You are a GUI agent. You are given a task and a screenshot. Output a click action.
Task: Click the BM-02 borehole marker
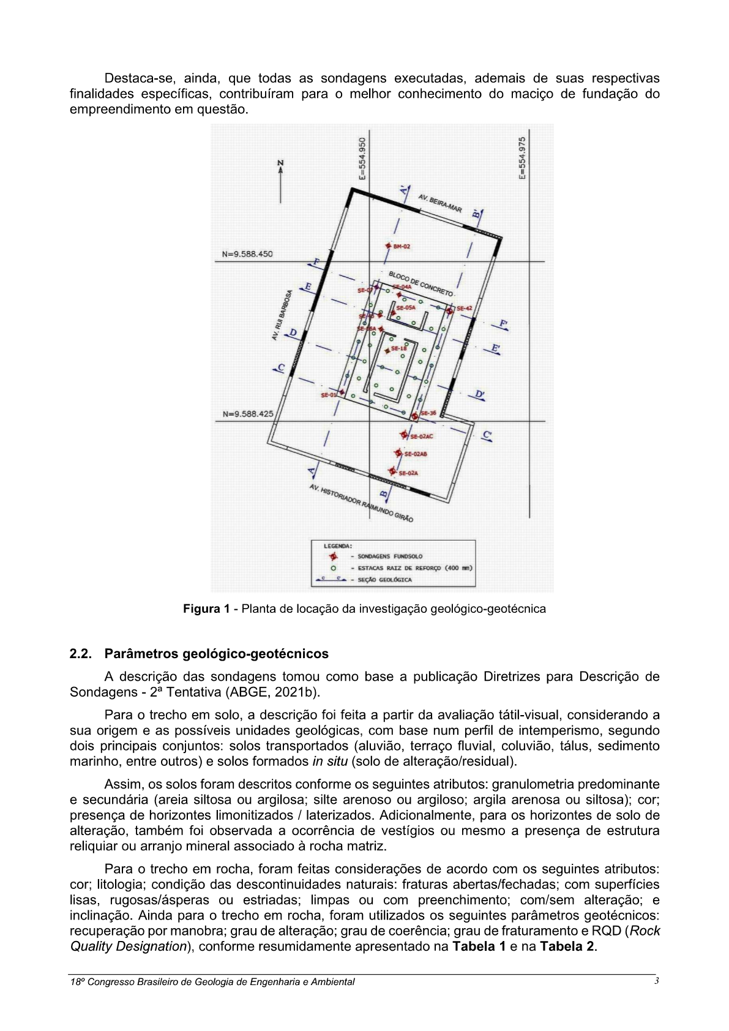click(388, 246)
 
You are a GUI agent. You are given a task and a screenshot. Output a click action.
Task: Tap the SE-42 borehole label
click(464, 309)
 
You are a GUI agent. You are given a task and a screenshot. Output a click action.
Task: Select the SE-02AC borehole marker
click(404, 435)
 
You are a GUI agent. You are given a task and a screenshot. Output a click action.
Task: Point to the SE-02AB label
click(416, 454)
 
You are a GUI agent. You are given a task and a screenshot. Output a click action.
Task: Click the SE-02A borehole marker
click(392, 471)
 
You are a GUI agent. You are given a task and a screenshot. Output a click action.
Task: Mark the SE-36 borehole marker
click(414, 416)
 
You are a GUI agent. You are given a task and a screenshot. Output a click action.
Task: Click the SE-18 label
click(398, 349)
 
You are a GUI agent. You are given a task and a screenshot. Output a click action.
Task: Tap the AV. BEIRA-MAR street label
click(439, 203)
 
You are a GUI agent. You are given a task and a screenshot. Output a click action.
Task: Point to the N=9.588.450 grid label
click(247, 254)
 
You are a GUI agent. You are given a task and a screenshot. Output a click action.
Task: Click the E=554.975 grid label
click(522, 157)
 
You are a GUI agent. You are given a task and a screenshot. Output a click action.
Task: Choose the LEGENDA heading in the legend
click(338, 545)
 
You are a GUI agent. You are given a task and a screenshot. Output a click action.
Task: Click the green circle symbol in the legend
click(334, 568)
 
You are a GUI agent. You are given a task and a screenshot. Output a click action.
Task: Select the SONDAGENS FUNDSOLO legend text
click(389, 557)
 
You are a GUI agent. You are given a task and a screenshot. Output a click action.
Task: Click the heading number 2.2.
click(80, 654)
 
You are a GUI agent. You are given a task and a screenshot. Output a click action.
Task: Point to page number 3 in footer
click(656, 981)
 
